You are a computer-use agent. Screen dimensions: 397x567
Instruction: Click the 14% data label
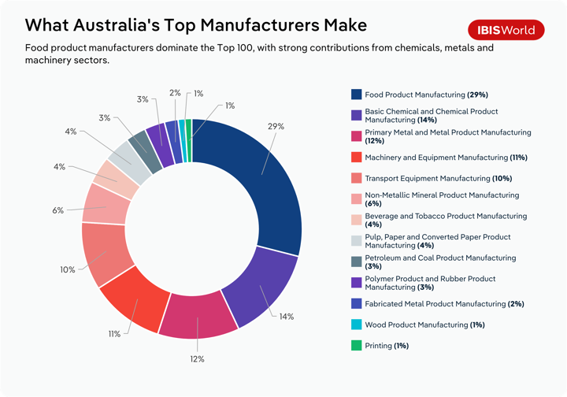287,317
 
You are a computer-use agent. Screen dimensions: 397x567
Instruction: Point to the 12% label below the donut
197,359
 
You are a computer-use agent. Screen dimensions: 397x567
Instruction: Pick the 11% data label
114,334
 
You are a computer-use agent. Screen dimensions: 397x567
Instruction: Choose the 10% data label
68,269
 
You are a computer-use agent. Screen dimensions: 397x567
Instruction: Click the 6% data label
58,210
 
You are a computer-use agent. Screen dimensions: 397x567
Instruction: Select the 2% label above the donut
175,93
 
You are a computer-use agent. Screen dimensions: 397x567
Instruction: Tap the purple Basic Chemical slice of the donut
259,288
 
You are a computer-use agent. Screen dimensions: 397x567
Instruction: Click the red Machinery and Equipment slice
137,298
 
